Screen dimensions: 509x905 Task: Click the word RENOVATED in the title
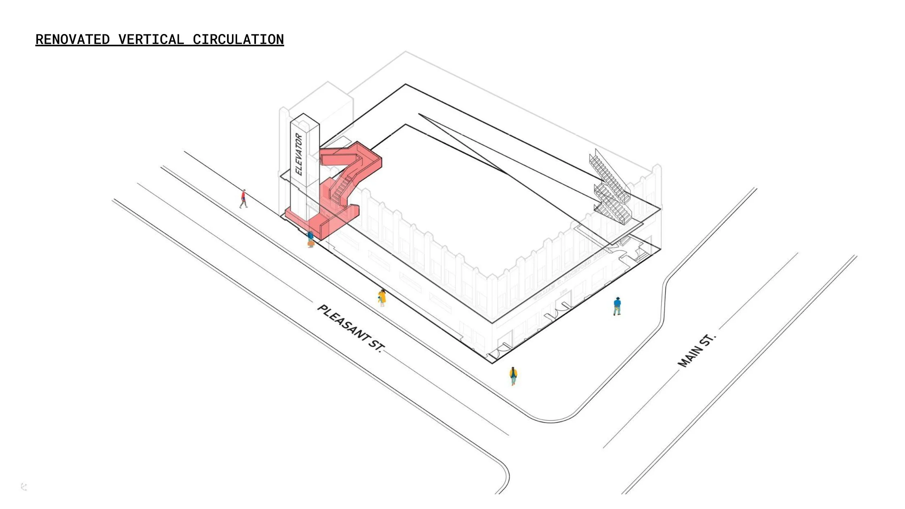72,39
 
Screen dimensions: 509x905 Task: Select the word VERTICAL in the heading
151,39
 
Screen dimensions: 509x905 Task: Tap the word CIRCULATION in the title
238,39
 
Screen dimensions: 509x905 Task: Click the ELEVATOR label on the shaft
299,154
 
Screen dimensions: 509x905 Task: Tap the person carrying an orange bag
310,239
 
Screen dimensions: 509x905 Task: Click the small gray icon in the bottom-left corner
24,487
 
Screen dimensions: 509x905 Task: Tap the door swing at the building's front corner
502,350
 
